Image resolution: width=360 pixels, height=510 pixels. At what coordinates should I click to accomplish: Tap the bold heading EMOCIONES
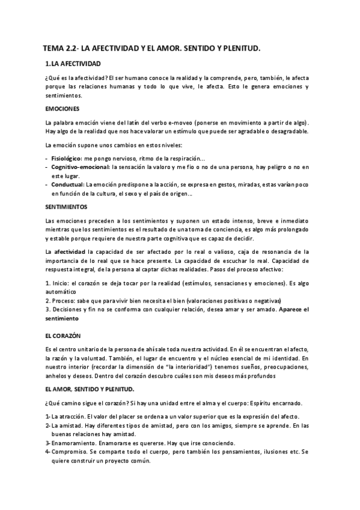pos(63,109)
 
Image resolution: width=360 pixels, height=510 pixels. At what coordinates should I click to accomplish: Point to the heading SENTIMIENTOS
pos(66,206)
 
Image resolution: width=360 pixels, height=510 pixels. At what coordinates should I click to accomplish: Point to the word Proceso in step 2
pos(63,300)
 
